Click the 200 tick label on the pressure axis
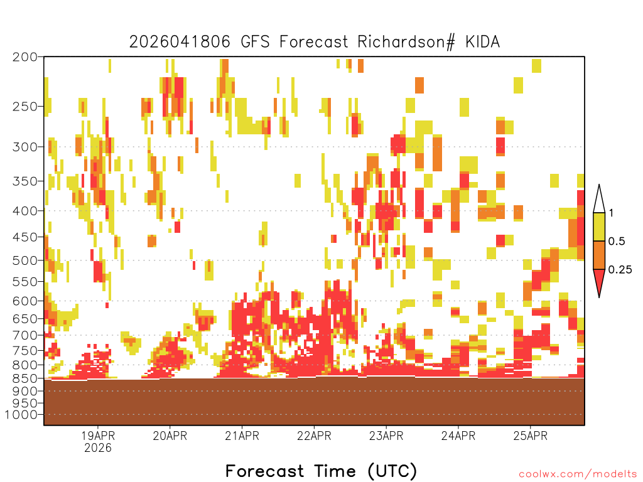pos(24,57)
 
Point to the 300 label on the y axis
pos(24,147)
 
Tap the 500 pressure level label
pos(24,260)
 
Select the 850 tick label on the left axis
pos(24,378)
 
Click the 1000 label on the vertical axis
pos(21,415)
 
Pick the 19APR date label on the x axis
pos(98,436)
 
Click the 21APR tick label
pos(242,436)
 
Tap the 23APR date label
pos(386,436)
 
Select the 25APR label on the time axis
pos(531,436)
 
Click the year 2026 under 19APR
pos(98,447)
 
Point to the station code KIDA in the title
pos(483,42)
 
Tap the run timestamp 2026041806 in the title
pos(180,42)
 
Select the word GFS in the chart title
pos(255,42)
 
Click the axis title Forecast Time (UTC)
pos(321,471)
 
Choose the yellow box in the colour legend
pos(599,227)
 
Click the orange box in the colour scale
pos(599,255)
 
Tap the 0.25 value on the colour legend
pos(620,270)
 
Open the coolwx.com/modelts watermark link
pos(578,474)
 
